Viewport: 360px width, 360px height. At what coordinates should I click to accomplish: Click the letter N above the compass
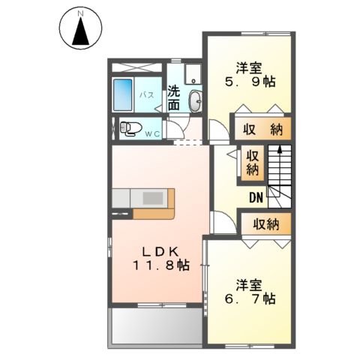click(80, 13)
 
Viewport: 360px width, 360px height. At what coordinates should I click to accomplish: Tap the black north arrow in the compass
click(80, 32)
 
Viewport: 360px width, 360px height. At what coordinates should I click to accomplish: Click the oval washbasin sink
click(195, 100)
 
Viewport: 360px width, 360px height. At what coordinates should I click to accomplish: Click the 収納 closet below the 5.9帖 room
click(261, 129)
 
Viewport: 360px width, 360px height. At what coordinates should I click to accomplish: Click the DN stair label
click(256, 198)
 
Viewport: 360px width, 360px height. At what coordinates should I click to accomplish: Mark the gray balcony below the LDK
click(154, 327)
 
